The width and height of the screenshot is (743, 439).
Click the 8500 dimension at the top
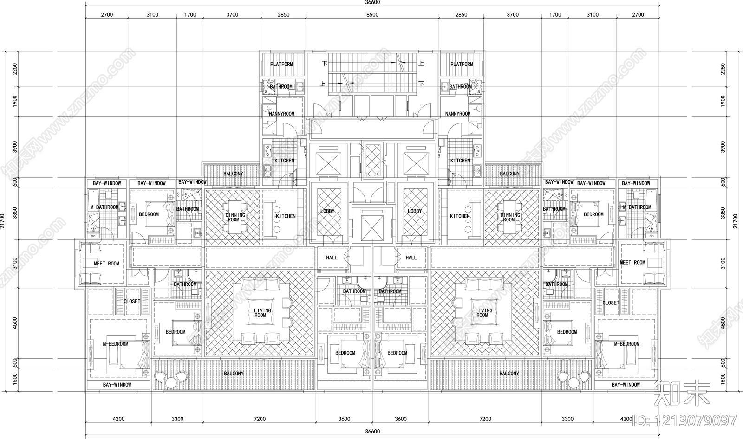[372, 15]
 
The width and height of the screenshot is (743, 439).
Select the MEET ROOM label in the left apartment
[106, 263]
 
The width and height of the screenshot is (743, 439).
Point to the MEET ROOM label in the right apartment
[632, 263]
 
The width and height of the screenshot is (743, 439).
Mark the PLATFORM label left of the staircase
[281, 64]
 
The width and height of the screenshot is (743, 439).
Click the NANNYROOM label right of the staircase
[457, 114]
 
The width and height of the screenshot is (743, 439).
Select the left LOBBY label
[327, 211]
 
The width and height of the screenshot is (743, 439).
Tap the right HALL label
[411, 258]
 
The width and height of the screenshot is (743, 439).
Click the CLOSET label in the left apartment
[131, 301]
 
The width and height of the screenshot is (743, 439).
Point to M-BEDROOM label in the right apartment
[626, 344]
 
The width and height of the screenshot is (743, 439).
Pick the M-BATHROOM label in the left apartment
[104, 207]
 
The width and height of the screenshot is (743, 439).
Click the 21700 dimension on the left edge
[4, 220]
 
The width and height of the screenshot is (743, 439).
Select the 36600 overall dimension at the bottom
[372, 432]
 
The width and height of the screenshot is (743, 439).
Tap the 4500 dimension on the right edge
[722, 323]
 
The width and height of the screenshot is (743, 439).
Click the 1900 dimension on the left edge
[15, 101]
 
